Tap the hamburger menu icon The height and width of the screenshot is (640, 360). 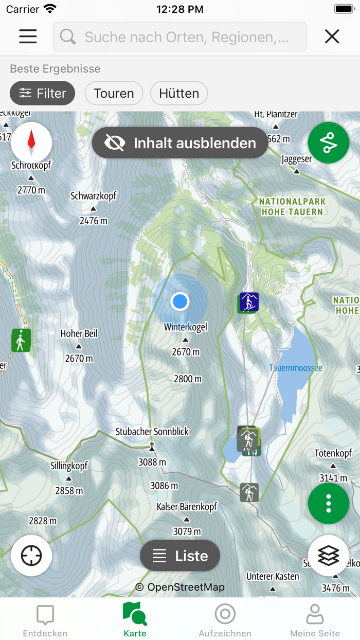click(28, 36)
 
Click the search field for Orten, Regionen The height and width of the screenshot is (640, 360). click(180, 37)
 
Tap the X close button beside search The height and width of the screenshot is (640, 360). click(332, 36)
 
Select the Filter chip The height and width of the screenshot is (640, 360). click(43, 93)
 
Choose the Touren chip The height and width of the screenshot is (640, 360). click(114, 93)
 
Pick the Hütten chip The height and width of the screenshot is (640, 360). click(179, 93)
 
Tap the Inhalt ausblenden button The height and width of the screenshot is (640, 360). click(180, 143)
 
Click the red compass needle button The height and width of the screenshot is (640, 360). click(31, 143)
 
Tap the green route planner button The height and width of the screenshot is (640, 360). click(329, 143)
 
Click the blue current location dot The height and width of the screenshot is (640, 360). click(180, 301)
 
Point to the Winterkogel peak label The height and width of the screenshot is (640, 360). click(186, 327)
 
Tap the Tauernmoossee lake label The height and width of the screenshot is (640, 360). click(296, 368)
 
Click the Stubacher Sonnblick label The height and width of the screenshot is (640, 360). click(152, 432)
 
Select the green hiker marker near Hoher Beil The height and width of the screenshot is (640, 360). click(21, 340)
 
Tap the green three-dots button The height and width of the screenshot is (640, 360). click(329, 503)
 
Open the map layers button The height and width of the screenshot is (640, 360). click(329, 556)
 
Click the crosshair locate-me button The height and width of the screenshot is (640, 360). click(31, 556)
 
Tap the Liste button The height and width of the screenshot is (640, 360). click(180, 556)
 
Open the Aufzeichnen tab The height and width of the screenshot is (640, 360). click(225, 620)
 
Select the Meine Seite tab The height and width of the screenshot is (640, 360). click(315, 620)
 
